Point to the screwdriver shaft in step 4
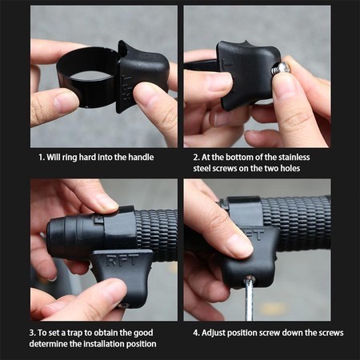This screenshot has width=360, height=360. click(x=250, y=298)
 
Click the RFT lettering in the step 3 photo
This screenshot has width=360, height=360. click(x=122, y=261)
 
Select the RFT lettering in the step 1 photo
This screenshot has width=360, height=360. click(x=127, y=88)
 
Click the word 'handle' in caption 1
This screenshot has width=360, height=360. click(x=141, y=157)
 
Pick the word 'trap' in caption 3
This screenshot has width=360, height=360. click(x=75, y=333)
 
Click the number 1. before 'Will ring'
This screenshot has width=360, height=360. click(x=42, y=157)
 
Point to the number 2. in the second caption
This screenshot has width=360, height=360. click(x=196, y=157)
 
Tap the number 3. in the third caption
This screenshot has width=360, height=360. click(x=33, y=333)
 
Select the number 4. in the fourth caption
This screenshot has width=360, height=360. click(x=196, y=333)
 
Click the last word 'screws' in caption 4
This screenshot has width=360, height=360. click(x=330, y=333)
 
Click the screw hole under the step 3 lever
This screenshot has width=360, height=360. click(x=125, y=305)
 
